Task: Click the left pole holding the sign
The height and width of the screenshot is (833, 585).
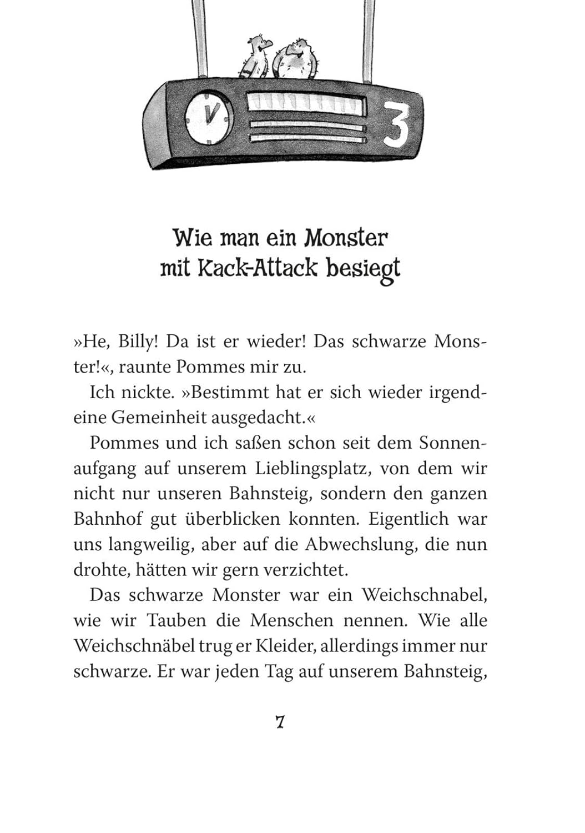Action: [199, 36]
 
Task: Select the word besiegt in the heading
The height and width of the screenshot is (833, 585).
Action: [363, 269]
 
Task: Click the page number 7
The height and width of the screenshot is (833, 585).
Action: [280, 722]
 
